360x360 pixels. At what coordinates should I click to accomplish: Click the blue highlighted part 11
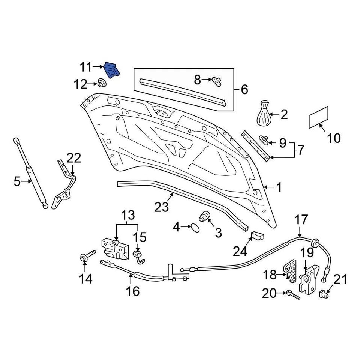(111, 70)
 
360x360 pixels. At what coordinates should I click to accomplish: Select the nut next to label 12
(101, 83)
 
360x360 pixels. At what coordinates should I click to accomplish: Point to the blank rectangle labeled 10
(319, 117)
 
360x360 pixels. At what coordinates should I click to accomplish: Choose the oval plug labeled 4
(195, 227)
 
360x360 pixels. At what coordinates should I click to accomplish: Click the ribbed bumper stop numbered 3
(205, 217)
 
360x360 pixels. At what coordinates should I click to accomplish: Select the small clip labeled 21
(324, 294)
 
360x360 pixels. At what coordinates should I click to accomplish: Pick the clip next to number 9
(265, 140)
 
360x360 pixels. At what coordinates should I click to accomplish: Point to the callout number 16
(133, 291)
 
